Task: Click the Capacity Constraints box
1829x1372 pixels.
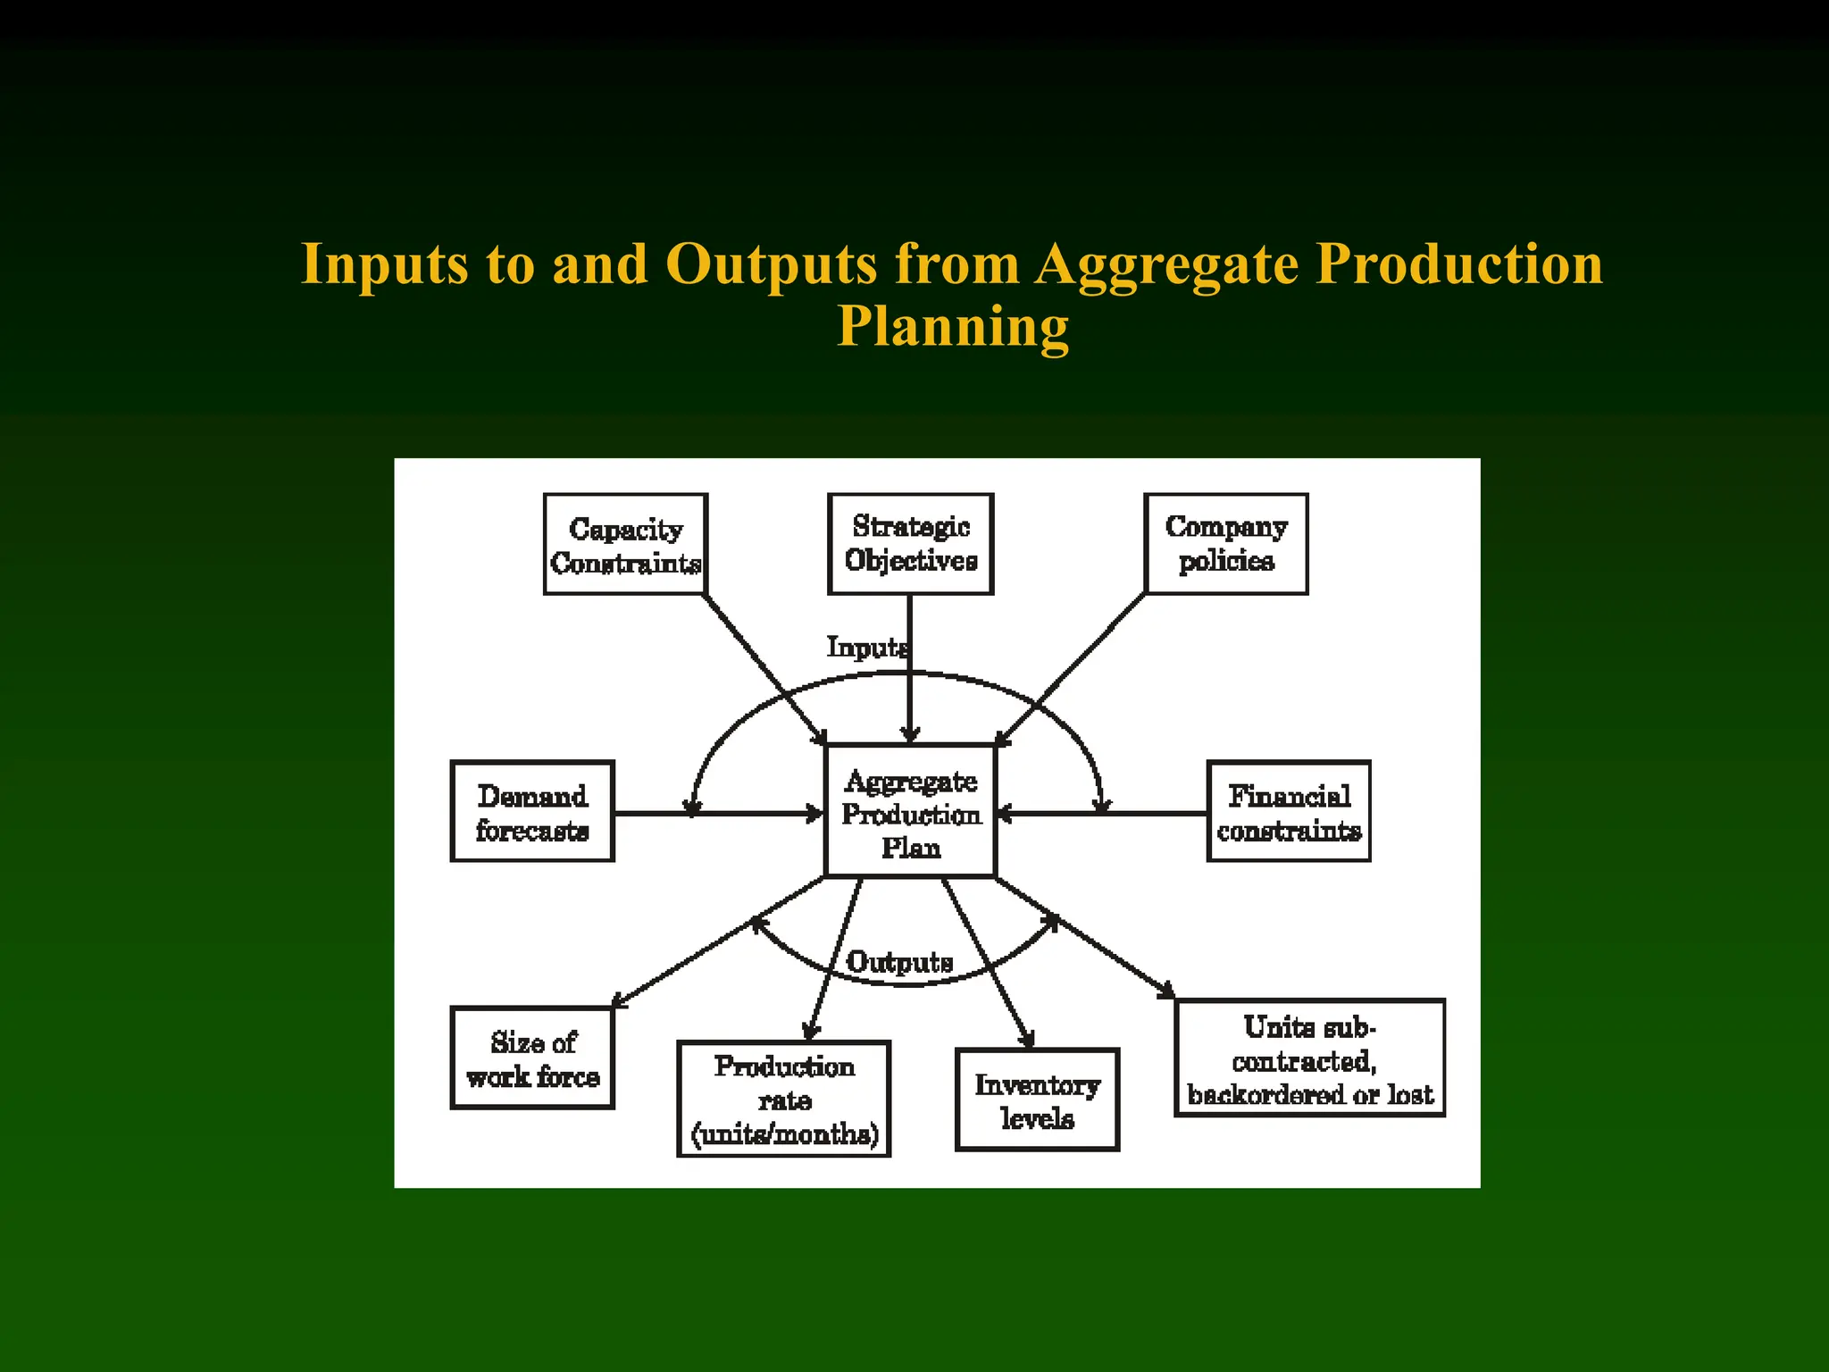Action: [x=625, y=544]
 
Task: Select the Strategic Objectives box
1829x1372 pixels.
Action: [x=910, y=543]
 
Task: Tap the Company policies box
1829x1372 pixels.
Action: [x=1226, y=543]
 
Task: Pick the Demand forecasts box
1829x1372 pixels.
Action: [x=532, y=811]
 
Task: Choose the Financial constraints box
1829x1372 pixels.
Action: [x=1289, y=811]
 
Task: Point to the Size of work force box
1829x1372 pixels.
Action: [x=532, y=1058]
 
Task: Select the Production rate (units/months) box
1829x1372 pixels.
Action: [x=784, y=1099]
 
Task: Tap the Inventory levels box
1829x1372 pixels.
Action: [x=1037, y=1100]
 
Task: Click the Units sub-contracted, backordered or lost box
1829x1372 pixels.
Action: [x=1309, y=1058]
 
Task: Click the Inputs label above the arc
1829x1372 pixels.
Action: [x=867, y=647]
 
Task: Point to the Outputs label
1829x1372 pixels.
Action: [x=899, y=962]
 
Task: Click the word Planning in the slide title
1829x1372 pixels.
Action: [x=952, y=326]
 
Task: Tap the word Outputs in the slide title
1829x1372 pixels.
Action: [x=771, y=264]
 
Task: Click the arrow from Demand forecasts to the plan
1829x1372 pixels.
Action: [x=759, y=814]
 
